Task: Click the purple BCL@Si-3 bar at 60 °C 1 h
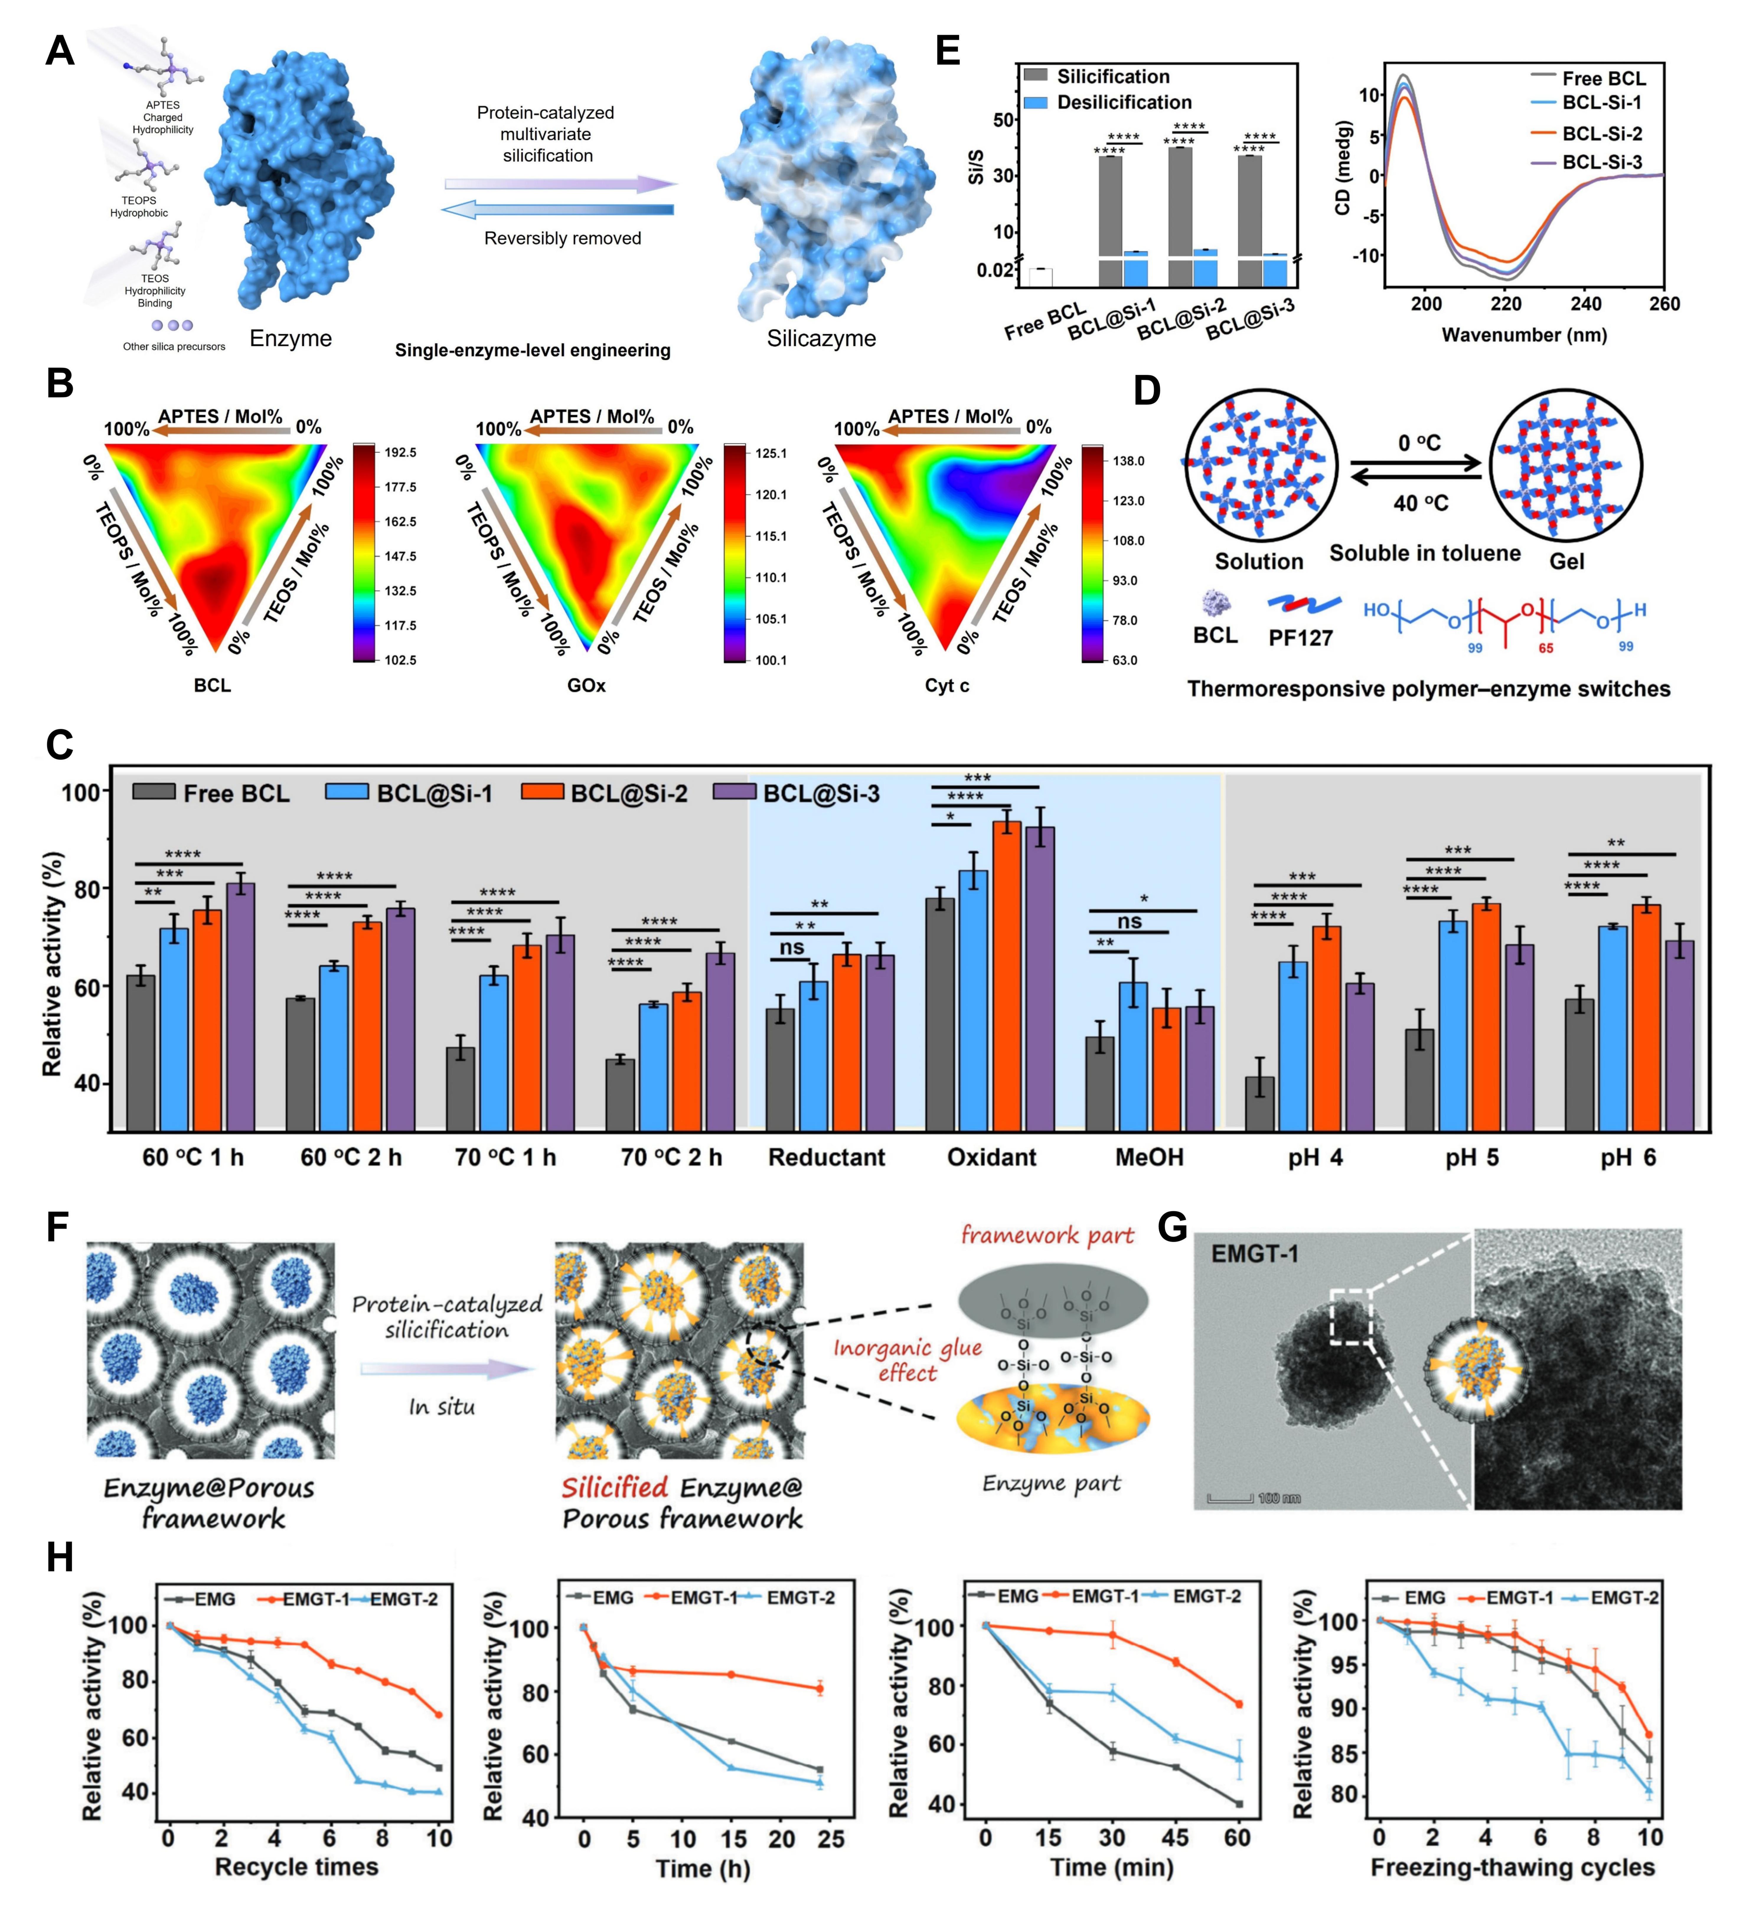240,1006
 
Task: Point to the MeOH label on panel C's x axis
1149,1158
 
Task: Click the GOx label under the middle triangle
586,685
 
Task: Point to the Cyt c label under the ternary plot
947,685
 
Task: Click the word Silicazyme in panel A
821,338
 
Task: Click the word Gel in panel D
1566,561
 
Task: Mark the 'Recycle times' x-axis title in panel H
297,1866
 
